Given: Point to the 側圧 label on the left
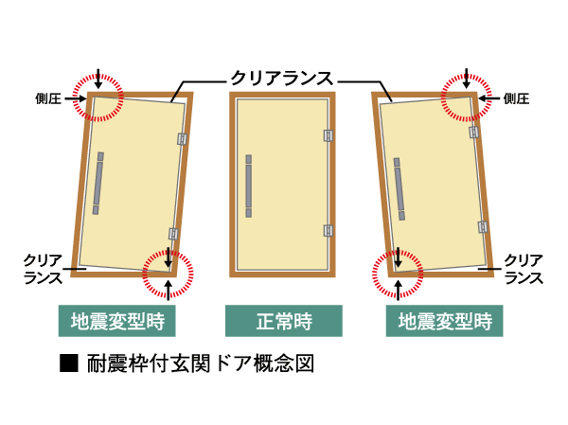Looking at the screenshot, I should click(50, 97).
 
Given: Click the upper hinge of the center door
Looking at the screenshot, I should click(328, 136).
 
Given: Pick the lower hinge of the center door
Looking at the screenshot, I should click(328, 229).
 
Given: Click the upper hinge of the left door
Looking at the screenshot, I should click(180, 139).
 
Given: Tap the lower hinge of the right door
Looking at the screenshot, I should click(483, 226).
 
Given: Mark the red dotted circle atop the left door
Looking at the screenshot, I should click(99, 97).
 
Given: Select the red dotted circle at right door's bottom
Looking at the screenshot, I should click(399, 271).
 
